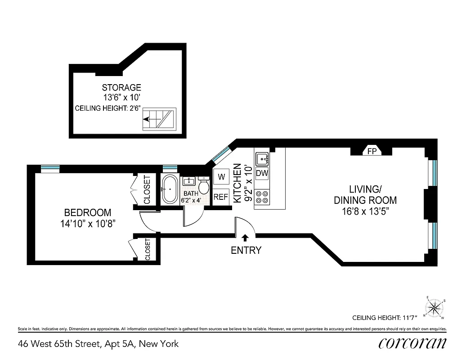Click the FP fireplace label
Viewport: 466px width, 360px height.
[x=372, y=151]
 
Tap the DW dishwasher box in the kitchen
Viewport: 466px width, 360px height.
[x=262, y=173]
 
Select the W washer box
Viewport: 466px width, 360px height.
[x=221, y=177]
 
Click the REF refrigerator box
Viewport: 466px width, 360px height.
[x=221, y=197]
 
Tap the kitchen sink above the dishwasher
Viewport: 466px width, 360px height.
[x=262, y=159]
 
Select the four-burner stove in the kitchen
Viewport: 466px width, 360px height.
[x=262, y=196]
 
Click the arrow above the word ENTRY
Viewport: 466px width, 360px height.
[x=245, y=238]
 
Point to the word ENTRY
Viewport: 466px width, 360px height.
[x=246, y=251]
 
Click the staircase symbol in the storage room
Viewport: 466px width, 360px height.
[x=159, y=119]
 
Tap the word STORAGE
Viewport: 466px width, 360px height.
[x=121, y=87]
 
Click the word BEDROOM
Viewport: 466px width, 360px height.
[x=88, y=212]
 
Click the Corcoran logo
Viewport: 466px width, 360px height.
[x=412, y=343]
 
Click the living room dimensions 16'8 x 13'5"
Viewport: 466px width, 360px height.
[x=365, y=211]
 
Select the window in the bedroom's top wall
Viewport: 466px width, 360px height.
[x=50, y=168]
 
